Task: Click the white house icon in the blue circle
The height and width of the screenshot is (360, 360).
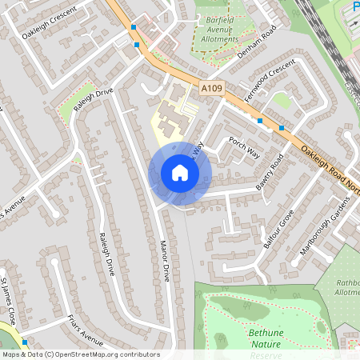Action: (180, 173)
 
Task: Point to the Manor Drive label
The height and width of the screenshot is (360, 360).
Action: (165, 261)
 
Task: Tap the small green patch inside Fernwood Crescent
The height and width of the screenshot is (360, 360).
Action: (281, 100)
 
